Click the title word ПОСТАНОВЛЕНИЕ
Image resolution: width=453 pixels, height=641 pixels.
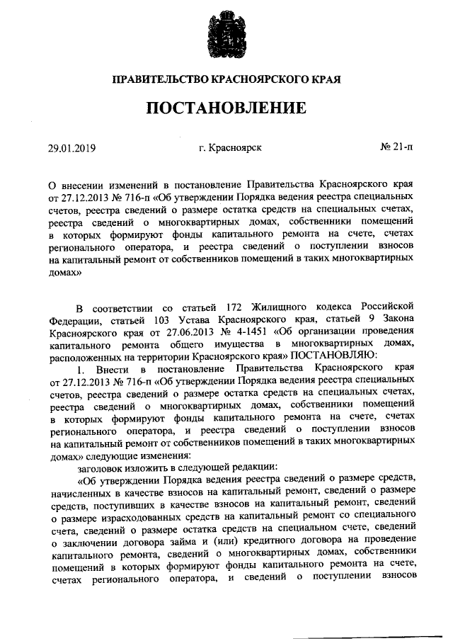coord(226,108)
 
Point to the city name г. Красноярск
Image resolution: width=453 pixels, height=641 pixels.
coord(231,148)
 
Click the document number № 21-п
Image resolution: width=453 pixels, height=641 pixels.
coord(396,148)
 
